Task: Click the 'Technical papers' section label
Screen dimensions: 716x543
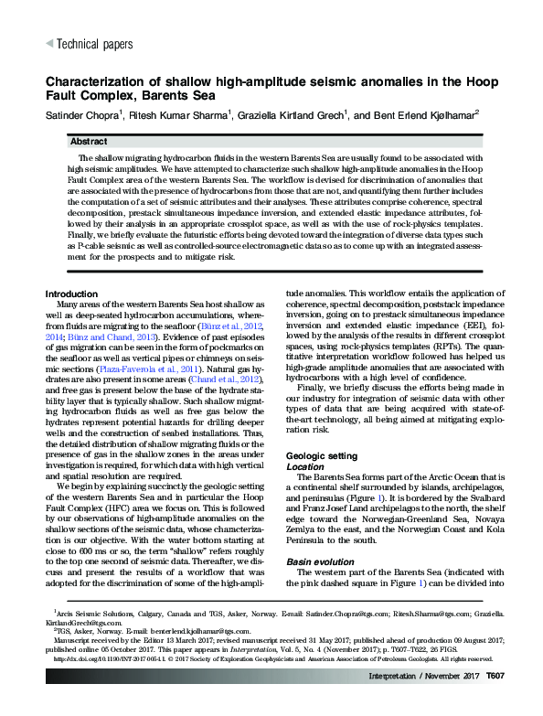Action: [94, 44]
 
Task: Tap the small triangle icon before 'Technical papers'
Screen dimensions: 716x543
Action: [49, 44]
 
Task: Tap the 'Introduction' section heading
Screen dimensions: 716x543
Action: [77, 293]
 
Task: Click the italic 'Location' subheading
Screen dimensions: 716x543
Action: [304, 465]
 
